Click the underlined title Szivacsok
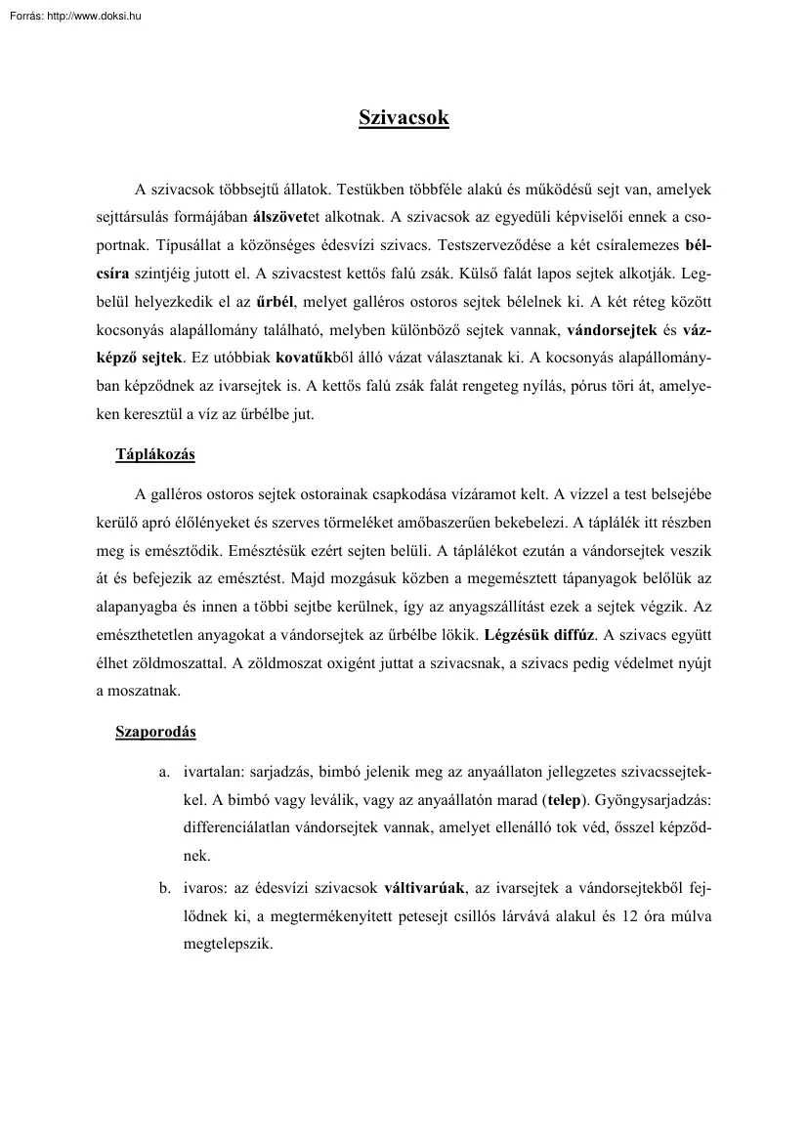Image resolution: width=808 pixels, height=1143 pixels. point(404,118)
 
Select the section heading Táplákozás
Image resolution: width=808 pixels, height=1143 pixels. point(155,454)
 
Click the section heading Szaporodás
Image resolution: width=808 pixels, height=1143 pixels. point(155,732)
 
